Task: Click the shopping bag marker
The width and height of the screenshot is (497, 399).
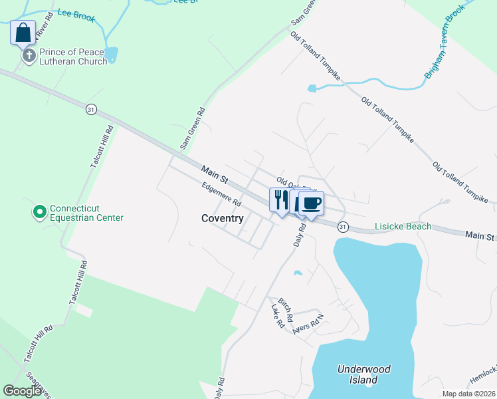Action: point(23,32)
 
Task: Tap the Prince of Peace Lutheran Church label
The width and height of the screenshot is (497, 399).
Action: point(72,57)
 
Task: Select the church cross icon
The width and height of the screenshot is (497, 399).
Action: point(29,56)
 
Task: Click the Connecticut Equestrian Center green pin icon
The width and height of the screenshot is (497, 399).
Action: point(39,212)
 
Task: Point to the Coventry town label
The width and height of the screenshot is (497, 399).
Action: point(223,218)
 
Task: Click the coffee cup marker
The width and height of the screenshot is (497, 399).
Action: point(310,202)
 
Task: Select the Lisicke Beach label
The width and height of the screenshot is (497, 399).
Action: point(402,226)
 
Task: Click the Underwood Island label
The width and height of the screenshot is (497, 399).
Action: point(363,374)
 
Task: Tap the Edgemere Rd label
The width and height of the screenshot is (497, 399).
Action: point(221,195)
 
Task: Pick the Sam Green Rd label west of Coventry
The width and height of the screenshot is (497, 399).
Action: point(193,128)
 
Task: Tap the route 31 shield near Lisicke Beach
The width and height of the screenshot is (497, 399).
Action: point(342,227)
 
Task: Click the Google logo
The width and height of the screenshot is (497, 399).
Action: point(23,391)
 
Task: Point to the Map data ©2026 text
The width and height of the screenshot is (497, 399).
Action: point(468,394)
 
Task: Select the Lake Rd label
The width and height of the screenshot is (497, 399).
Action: point(278,315)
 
